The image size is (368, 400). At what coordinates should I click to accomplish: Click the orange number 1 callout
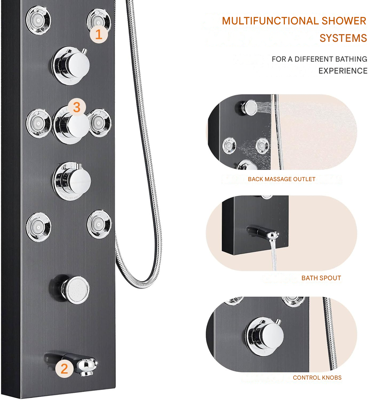[x=99, y=34]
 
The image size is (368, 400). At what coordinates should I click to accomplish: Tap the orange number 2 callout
[x=64, y=368]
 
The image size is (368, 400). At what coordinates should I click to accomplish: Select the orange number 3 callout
[x=77, y=107]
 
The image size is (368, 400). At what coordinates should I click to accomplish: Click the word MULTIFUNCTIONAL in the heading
[x=270, y=21]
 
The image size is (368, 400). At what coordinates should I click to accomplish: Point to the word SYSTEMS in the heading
[x=343, y=38]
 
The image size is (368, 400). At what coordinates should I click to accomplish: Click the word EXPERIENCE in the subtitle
[x=343, y=71]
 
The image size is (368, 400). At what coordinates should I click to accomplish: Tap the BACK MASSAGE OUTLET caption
[x=281, y=179]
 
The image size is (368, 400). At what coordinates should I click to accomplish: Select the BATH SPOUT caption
[x=321, y=278]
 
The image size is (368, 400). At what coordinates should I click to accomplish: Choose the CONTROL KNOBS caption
[x=317, y=378]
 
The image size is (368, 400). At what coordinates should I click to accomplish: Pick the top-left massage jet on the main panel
[x=38, y=20]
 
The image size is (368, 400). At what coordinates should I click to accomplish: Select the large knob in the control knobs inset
[x=265, y=336]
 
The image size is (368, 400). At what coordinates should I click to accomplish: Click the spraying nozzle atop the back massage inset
[x=250, y=107]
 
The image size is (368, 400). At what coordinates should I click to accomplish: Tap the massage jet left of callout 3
[x=39, y=123]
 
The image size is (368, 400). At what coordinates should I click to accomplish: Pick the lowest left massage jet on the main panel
[x=39, y=227]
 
